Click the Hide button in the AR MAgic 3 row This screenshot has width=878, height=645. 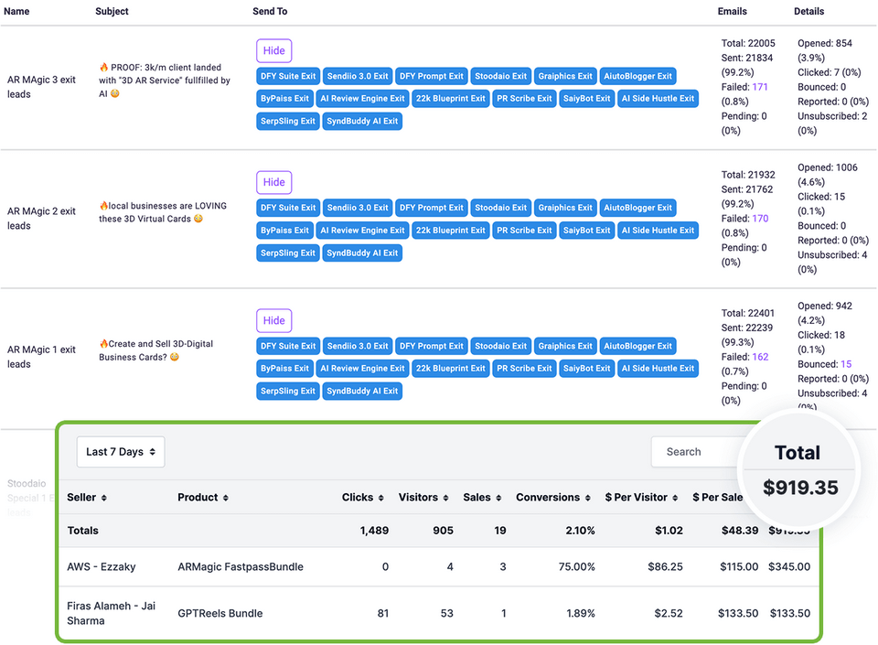(273, 50)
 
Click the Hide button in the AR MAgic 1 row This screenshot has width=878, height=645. (273, 320)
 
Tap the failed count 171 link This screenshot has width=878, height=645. (759, 87)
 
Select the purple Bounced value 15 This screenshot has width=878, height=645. (846, 364)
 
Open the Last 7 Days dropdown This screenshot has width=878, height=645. (121, 452)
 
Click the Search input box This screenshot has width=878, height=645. (695, 452)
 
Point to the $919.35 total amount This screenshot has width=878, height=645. (800, 488)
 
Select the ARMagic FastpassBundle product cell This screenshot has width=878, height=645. (240, 567)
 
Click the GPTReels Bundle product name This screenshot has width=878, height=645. (220, 614)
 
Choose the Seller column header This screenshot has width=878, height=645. (87, 498)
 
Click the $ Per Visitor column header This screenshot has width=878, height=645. (642, 498)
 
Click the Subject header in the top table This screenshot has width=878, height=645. (112, 12)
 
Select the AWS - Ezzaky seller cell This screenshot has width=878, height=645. (101, 567)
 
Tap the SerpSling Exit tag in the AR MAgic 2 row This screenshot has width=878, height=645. (287, 253)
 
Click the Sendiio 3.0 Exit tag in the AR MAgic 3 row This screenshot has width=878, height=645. (357, 76)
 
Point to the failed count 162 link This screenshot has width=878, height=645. (759, 357)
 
